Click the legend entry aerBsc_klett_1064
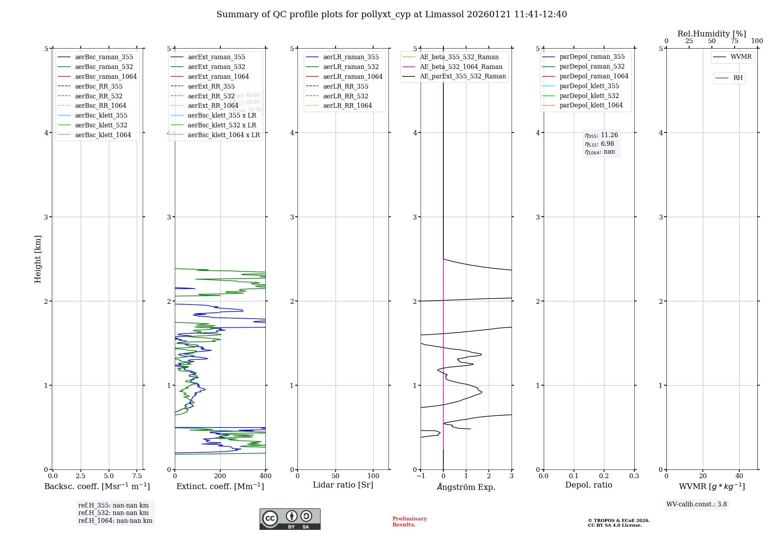coord(103,135)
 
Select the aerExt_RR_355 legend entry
coord(211,86)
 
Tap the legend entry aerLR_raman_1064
coord(352,76)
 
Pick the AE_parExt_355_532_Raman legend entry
coord(463,76)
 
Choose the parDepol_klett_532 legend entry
coord(589,96)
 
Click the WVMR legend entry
coord(740,57)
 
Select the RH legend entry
coord(738,78)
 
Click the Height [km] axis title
coord(38,259)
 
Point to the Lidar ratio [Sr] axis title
coord(343,485)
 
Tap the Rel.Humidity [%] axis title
coord(711,34)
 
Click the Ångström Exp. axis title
coord(466,487)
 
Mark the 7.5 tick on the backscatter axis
coord(137,476)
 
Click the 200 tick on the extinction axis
coord(220,476)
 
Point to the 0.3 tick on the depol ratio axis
coord(634,476)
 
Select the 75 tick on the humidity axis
coord(734,41)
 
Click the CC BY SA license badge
coord(290,519)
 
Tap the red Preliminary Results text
coord(409,521)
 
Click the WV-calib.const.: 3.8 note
coord(696,504)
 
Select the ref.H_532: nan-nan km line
coord(113,513)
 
